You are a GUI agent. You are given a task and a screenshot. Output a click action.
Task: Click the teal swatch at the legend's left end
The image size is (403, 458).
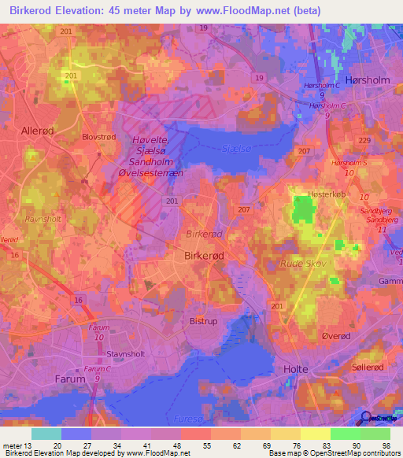click(46, 434)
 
